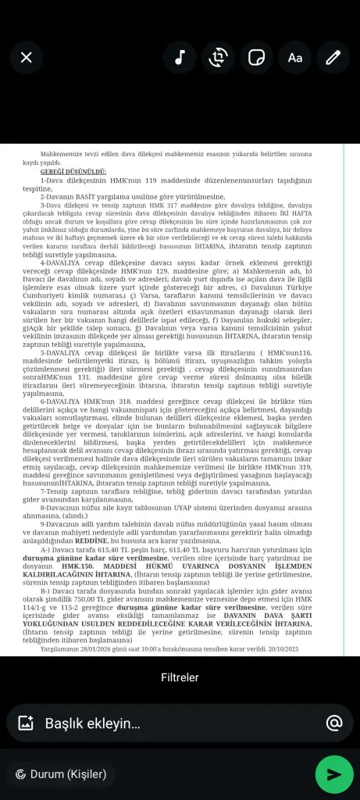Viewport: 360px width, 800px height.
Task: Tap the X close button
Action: pyautogui.click(x=27, y=57)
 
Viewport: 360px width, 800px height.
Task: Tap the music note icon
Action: pyautogui.click(x=180, y=57)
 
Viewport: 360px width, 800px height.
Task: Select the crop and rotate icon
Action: pyautogui.click(x=218, y=57)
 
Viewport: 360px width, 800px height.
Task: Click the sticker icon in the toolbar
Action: pyautogui.click(x=256, y=57)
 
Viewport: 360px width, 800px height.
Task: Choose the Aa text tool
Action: pyautogui.click(x=294, y=57)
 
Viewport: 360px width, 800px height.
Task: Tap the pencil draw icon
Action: pyautogui.click(x=333, y=57)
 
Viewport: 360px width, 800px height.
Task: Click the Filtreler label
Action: pyautogui.click(x=180, y=677)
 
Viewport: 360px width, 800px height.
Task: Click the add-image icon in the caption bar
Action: pyautogui.click(x=26, y=723)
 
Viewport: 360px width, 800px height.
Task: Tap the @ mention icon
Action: pyautogui.click(x=334, y=723)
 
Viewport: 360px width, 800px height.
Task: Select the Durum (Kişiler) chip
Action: pyautogui.click(x=60, y=774)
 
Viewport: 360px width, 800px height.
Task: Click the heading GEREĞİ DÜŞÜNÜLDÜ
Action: pyautogui.click(x=73, y=170)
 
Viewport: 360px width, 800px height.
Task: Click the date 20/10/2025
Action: pyautogui.click(x=302, y=648)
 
